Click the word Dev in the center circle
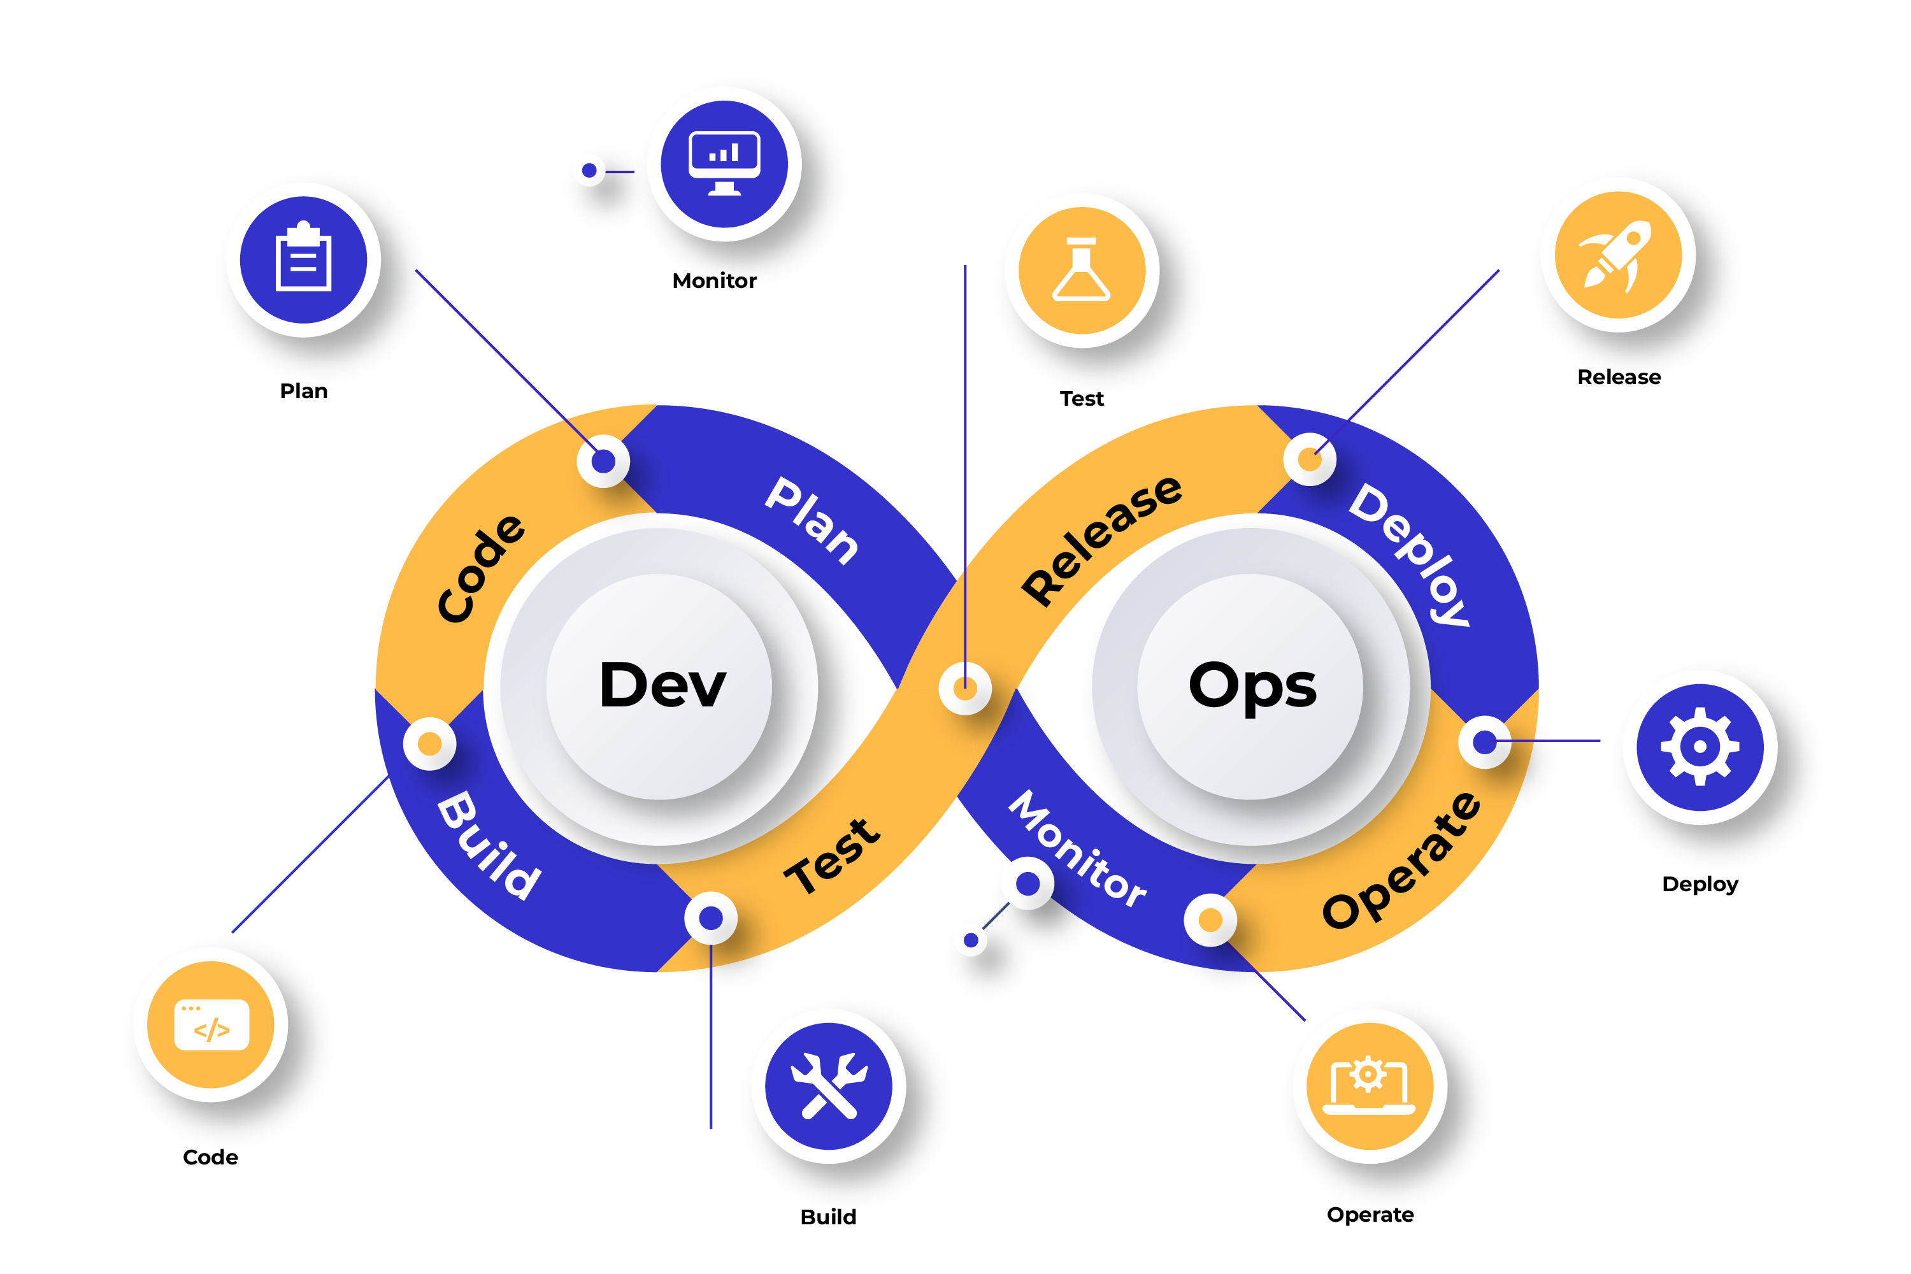[662, 685]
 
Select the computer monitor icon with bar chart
[724, 163]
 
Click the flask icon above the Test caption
[1082, 271]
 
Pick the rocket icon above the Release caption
[1618, 255]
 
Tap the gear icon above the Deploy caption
[1699, 746]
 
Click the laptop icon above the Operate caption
[1369, 1085]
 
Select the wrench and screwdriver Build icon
[829, 1085]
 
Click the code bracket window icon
[211, 1024]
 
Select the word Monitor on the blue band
[1077, 849]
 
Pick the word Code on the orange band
[481, 568]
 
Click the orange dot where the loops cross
[964, 688]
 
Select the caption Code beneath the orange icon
[210, 1157]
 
